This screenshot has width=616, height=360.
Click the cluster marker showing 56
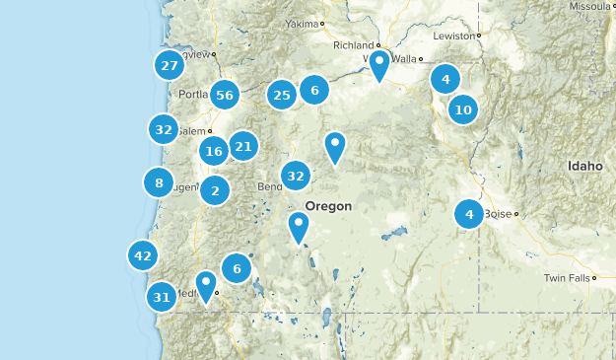225,95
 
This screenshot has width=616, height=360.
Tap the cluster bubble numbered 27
170,66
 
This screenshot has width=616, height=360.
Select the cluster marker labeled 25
282,95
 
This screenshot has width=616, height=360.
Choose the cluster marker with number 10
463,109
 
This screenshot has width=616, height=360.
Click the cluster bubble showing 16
214,151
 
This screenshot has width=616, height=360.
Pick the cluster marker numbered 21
242,147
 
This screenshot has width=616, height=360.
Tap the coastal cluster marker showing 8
158,182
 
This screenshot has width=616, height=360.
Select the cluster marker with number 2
215,190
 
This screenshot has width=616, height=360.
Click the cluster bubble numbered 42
143,256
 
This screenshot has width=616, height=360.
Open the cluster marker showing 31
163,297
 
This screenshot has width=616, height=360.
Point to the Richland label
353,44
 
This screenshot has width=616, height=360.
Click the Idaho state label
584,167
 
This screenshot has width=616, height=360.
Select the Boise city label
497,213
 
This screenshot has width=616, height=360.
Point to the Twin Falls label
567,278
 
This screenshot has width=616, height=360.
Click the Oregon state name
328,205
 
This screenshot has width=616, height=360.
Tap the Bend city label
269,186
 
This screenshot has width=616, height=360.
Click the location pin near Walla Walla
379,65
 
